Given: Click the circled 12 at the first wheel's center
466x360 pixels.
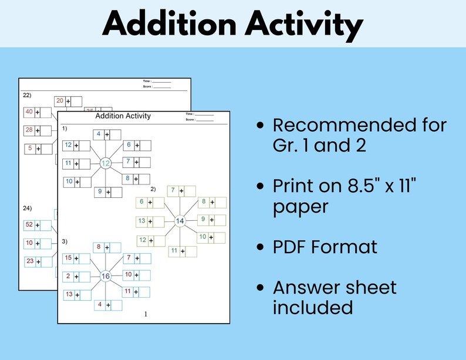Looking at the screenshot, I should click(x=106, y=163).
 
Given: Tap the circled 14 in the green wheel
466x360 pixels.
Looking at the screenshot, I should click(x=180, y=221).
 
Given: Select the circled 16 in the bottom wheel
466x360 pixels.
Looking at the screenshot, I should click(x=106, y=276).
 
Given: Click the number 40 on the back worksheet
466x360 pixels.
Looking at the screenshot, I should click(x=29, y=112).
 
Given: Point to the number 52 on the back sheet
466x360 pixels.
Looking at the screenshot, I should click(x=29, y=225).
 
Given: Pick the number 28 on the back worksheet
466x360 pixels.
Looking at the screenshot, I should click(x=29, y=130).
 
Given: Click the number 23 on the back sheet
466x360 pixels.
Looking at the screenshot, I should click(x=29, y=261).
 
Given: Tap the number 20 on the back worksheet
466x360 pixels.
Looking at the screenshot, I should click(x=59, y=101).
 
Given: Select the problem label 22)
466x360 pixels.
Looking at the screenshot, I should click(x=26, y=95).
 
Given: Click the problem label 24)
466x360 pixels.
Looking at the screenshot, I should click(x=26, y=208).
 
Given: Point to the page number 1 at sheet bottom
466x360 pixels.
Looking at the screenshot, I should click(x=146, y=314).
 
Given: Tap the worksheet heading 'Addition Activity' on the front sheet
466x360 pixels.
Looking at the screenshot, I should click(x=123, y=116).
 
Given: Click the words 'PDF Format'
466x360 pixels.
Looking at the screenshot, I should click(x=325, y=247).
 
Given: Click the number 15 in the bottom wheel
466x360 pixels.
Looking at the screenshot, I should click(x=68, y=258).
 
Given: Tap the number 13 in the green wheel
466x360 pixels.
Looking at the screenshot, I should click(x=141, y=221).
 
